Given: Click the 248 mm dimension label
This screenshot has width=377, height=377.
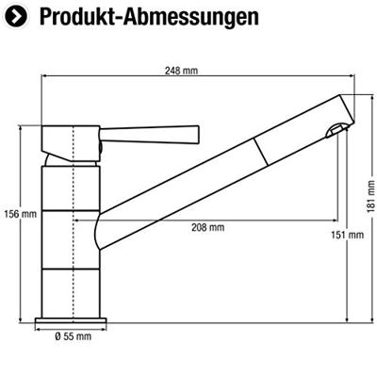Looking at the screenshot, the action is (x=181, y=71).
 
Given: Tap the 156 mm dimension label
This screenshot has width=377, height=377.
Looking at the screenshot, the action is (x=21, y=214).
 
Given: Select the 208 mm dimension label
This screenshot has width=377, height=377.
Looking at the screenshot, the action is (x=208, y=227).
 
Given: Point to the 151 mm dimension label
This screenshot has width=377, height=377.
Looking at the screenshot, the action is (x=348, y=235).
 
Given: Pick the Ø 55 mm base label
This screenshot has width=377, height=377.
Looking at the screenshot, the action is (x=73, y=336).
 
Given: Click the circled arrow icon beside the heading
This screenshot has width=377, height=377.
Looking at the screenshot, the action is (x=16, y=16).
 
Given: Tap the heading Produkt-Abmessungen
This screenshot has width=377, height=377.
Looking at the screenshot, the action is (x=150, y=18).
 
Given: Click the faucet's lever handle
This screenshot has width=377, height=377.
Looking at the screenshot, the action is (x=150, y=135).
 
